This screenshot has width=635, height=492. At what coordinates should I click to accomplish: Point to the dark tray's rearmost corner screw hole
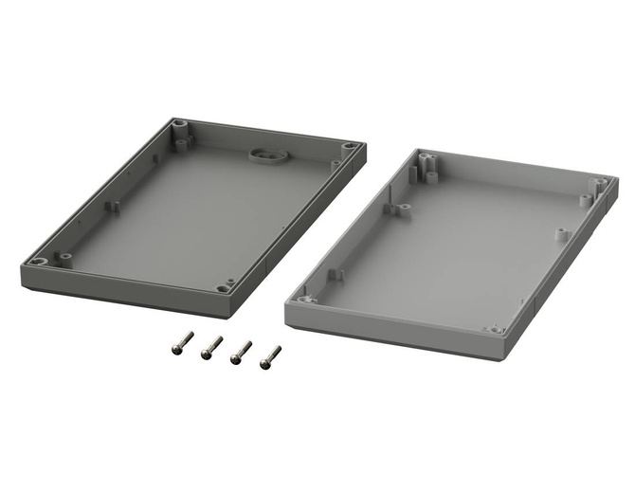tap(179, 124)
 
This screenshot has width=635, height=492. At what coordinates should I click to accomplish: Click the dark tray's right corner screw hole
tap(350, 147)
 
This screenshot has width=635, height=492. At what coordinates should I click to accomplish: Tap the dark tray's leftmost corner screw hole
tap(38, 262)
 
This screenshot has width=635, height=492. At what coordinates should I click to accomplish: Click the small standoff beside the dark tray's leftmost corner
tap(64, 255)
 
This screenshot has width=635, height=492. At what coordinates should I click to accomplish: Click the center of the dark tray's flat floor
tap(199, 213)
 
